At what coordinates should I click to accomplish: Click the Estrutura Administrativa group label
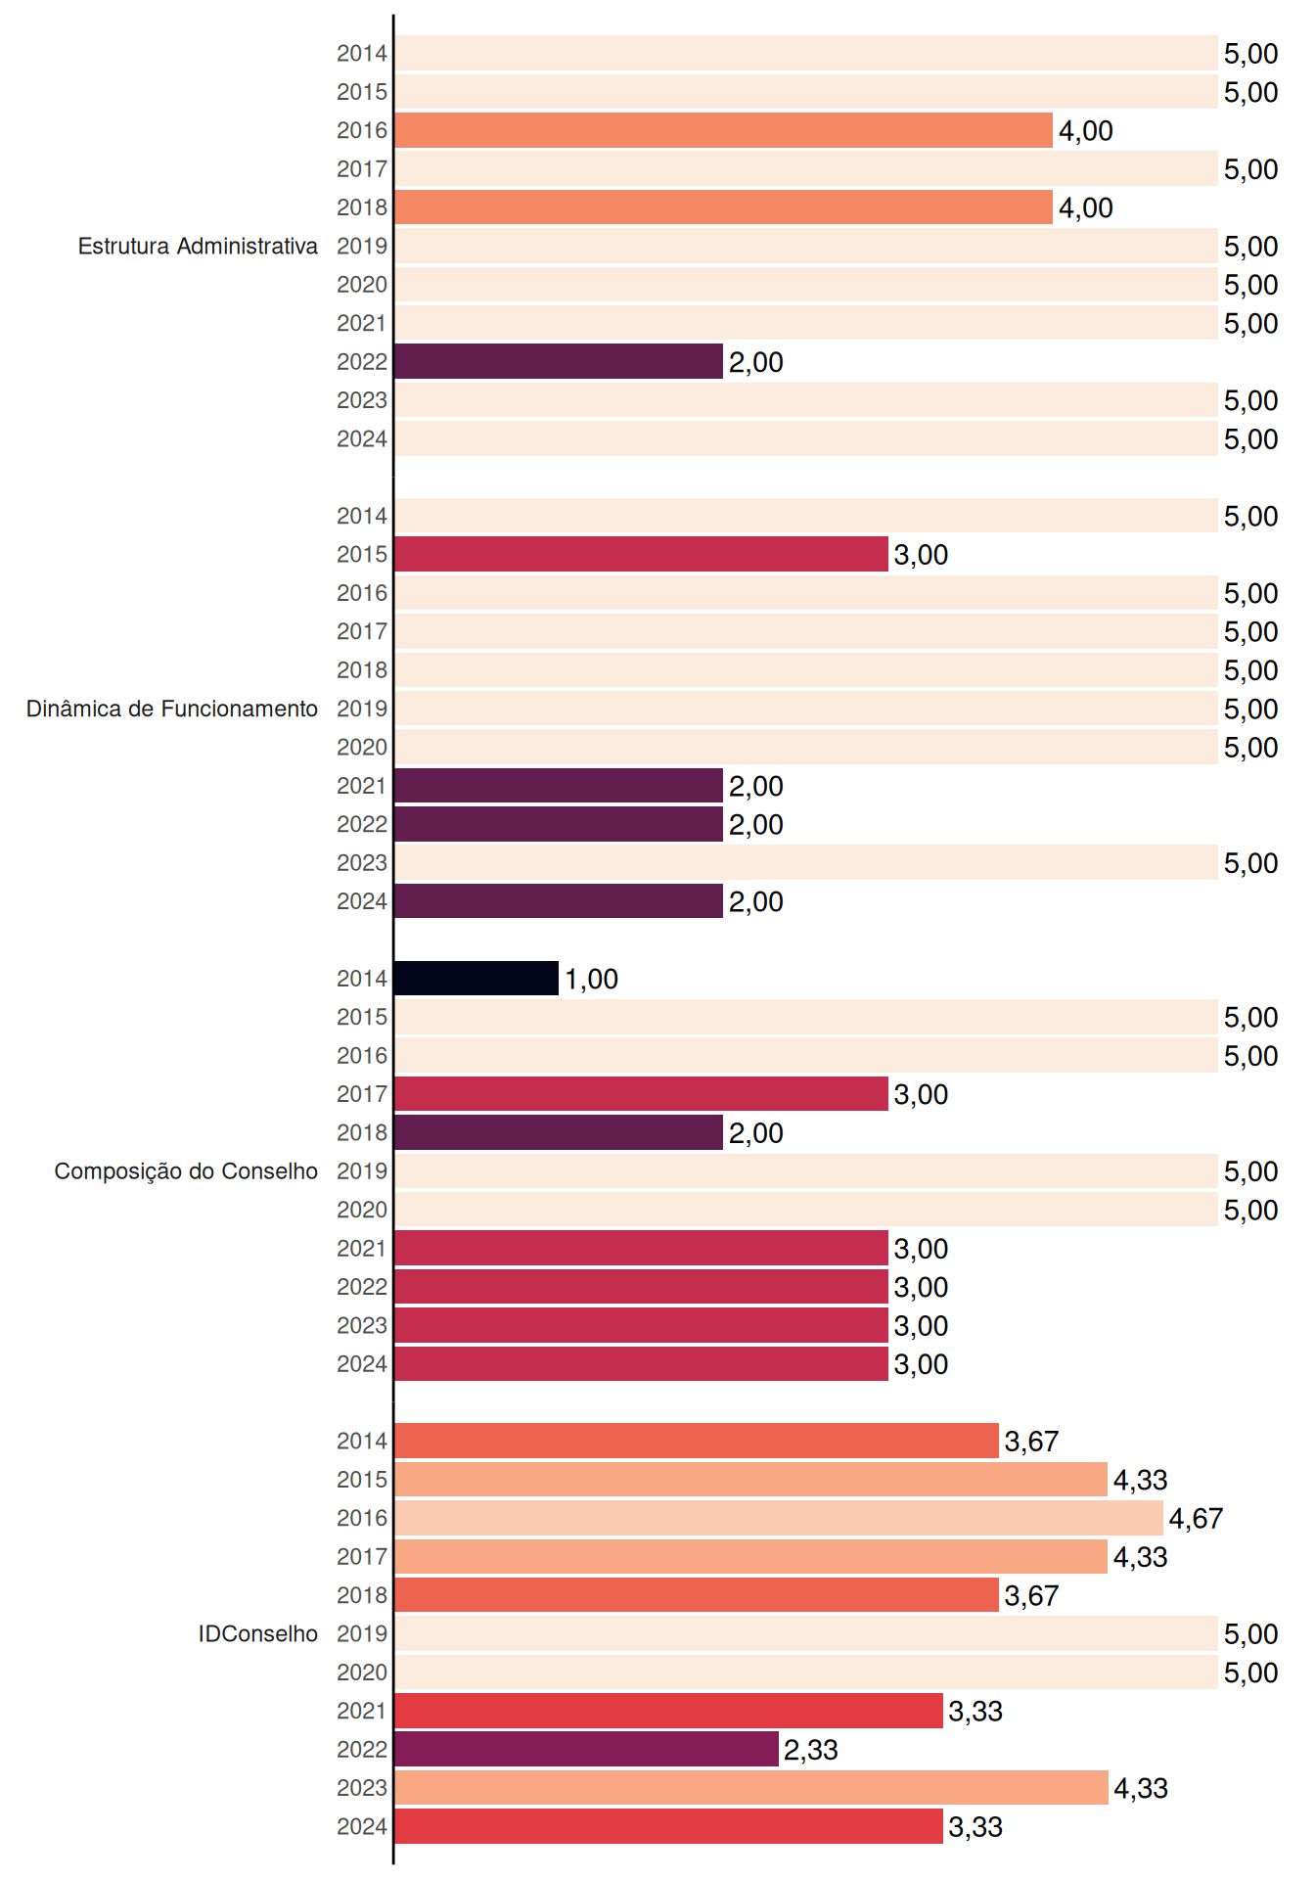198,246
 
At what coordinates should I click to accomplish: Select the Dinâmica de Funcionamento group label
172,709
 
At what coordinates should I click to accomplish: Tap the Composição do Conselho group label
186,1171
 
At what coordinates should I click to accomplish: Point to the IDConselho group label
258,1633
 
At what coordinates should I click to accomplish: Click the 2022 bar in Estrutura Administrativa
559,361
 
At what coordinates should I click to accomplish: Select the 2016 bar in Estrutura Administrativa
723,130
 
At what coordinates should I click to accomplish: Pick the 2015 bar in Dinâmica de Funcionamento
641,554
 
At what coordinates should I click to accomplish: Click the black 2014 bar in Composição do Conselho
476,978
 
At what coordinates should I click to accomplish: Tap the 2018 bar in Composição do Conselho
559,1132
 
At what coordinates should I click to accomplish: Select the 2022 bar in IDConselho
586,1749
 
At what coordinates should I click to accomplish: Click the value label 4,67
1196,1518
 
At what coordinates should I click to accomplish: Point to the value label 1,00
591,979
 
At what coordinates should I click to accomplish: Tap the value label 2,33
811,1750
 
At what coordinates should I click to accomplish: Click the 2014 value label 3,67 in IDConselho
1031,1442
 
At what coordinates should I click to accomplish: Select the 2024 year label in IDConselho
362,1826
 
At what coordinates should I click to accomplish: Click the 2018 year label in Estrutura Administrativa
362,207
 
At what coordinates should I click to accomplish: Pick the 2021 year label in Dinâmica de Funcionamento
362,786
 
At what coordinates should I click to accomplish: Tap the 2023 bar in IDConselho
751,1788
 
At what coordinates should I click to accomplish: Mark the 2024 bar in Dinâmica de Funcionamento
559,900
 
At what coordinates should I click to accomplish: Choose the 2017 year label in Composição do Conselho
362,1094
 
